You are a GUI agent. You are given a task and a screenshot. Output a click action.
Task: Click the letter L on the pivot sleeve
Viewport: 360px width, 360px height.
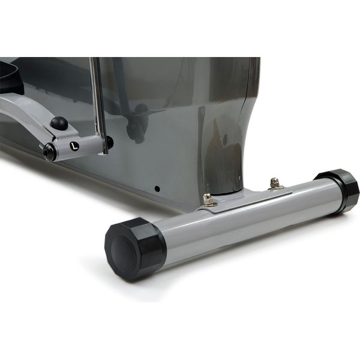click(74, 146)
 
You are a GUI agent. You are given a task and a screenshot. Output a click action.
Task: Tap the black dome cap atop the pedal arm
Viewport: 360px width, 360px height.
click(59, 123)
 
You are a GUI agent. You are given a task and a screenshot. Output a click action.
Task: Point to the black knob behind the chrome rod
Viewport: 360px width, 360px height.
click(110, 142)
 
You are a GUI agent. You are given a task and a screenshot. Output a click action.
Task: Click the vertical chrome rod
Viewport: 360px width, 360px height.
click(99, 105)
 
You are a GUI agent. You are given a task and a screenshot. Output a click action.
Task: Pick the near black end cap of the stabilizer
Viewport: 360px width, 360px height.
click(135, 248)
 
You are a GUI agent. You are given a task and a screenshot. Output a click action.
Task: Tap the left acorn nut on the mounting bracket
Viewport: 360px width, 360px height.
click(208, 199)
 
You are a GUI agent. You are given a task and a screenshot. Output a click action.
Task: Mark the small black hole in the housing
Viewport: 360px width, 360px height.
click(157, 189)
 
